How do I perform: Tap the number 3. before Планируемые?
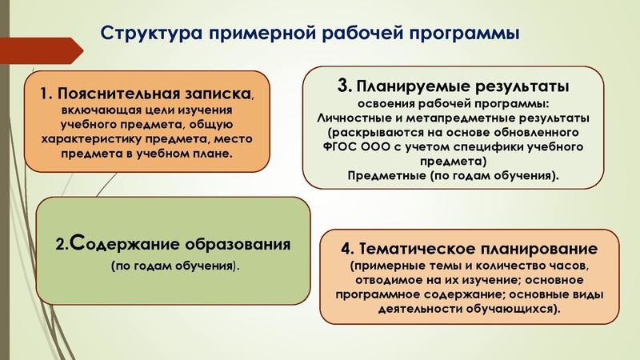[x=345, y=84]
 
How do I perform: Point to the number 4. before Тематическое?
[x=345, y=249]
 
